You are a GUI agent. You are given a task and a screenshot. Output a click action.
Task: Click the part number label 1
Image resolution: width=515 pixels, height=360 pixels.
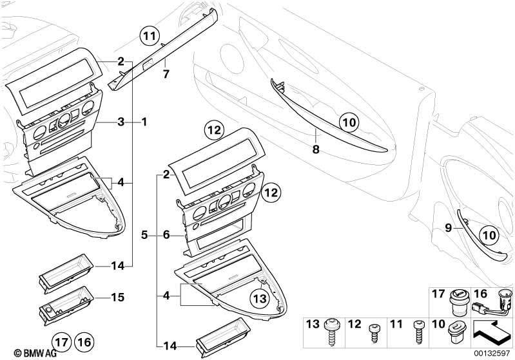[x=144, y=121]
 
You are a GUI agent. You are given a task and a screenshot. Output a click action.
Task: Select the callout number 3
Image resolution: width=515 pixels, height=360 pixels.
[x=121, y=121]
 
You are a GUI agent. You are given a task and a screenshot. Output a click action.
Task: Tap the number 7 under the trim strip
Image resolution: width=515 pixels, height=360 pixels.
[x=166, y=73]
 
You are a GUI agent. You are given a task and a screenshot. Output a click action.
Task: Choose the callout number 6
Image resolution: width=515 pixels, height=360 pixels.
[x=166, y=236]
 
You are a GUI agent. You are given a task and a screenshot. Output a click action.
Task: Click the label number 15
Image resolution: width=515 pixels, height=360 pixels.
[x=117, y=298]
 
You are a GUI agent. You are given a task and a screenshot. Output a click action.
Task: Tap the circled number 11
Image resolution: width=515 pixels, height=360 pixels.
[x=150, y=36]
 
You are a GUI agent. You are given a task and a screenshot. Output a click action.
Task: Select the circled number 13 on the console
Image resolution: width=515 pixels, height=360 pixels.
[x=258, y=298]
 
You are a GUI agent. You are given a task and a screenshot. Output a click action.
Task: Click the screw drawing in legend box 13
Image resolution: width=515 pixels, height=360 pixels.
[x=334, y=329]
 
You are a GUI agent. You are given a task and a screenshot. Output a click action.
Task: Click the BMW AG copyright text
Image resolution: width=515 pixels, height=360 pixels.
[x=25, y=353]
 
